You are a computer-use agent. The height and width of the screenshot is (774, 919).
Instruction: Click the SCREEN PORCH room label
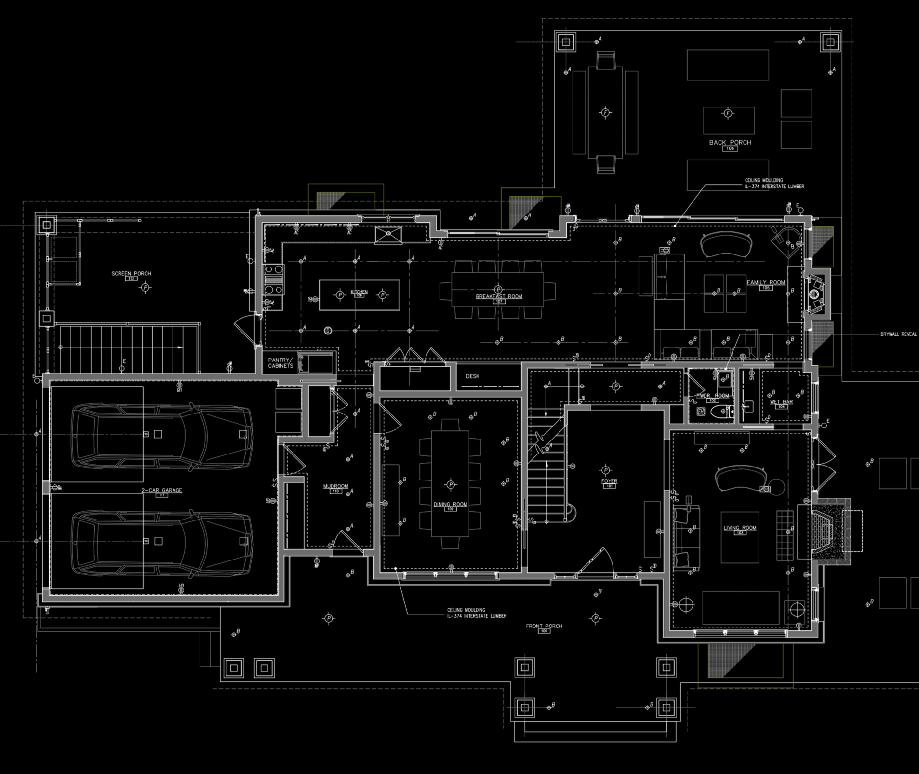coord(131,273)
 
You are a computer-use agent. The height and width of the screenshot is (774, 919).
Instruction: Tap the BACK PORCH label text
coord(730,142)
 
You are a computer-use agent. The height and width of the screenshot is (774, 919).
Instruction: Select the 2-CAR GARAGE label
coord(161,490)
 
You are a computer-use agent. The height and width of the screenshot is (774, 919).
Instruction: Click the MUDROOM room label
coord(335,486)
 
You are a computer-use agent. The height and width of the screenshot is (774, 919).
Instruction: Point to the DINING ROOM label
coord(450,504)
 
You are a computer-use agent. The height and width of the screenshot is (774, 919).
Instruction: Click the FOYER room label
coord(609,481)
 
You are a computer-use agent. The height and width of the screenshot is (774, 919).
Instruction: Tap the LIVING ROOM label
coord(740,528)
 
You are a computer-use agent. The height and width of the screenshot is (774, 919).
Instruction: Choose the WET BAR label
coord(781,402)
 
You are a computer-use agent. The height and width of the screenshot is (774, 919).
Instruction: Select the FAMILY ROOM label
coord(766,282)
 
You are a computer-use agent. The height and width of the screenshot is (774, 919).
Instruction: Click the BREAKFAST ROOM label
coord(499,296)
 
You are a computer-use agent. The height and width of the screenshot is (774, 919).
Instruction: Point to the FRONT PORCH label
coord(544,626)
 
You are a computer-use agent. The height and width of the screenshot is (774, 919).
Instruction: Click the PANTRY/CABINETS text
coord(280,363)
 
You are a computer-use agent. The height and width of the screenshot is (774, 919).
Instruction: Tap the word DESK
coord(472,376)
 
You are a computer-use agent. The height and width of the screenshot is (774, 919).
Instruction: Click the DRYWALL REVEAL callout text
coord(898,334)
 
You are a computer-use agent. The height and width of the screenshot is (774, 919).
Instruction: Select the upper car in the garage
coord(161,434)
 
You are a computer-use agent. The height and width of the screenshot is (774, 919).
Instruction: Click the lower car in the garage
coord(161,541)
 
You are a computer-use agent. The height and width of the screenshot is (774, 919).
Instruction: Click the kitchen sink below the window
coord(388,235)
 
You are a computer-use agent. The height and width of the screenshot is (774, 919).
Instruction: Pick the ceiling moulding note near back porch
coord(774,183)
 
